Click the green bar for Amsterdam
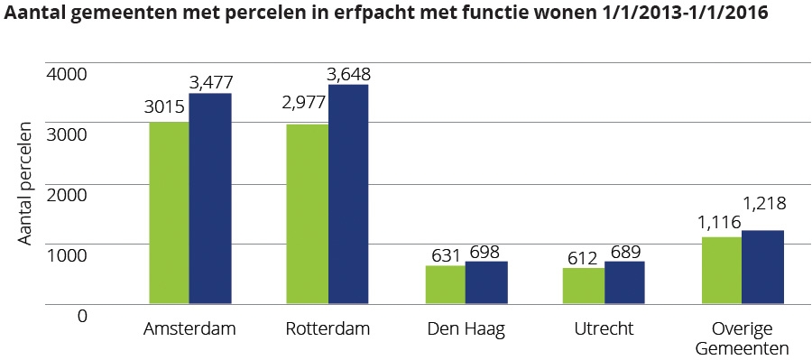coord(169,213)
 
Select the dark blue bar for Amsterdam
coord(210,198)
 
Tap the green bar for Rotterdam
coord(307,214)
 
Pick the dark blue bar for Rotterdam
coord(348,194)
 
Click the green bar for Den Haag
coord(445,285)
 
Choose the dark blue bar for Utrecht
coord(624,283)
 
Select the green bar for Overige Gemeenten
coord(721,271)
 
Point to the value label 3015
coord(165,108)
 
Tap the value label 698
coord(484,251)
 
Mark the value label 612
coord(582,258)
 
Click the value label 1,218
coord(763,204)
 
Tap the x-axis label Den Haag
coord(466,329)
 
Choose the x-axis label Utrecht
coord(604,329)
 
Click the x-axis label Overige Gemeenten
coord(742,338)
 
